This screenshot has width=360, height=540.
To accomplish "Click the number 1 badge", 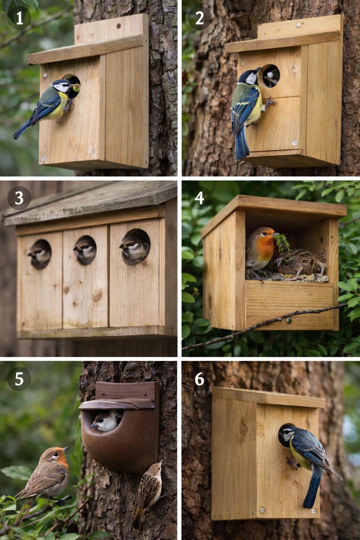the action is tap(19, 18).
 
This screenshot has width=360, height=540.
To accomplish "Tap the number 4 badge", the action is tap(199, 198).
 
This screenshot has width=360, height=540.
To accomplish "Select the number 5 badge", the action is tap(19, 379).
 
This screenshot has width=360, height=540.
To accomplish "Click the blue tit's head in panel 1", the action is tap(63, 86).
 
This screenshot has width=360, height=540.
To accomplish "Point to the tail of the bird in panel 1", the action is tap(23, 129).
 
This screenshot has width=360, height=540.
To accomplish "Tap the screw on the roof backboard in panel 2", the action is tap(299, 25).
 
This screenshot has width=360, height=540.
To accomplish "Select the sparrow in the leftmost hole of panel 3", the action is tap(40, 254).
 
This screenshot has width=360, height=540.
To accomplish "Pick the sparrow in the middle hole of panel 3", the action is tap(85, 250).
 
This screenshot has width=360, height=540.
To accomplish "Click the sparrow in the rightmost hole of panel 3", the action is tap(135, 248).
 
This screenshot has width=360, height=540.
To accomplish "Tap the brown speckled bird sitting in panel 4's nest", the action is tap(301, 263).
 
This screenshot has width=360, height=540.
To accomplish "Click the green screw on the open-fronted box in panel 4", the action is tap(288, 320).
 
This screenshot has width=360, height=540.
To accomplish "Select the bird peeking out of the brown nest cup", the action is tap(106, 421).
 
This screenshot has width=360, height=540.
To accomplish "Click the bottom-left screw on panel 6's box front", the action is tap(262, 510).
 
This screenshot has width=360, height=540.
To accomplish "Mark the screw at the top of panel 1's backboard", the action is tap(118, 26).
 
